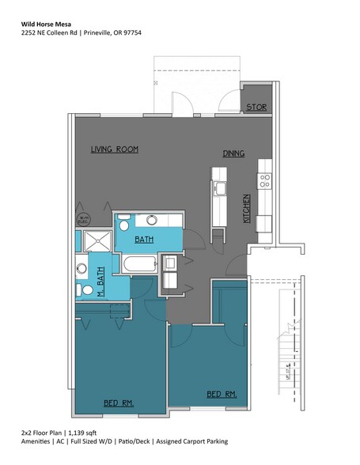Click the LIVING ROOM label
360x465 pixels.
pos(115,149)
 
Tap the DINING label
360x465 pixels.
pos(233,153)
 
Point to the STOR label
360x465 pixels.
pos(256,107)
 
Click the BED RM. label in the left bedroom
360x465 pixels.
pos(119,403)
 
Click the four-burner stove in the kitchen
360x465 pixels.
pos(264,179)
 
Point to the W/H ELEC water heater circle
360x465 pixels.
pos(83,218)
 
